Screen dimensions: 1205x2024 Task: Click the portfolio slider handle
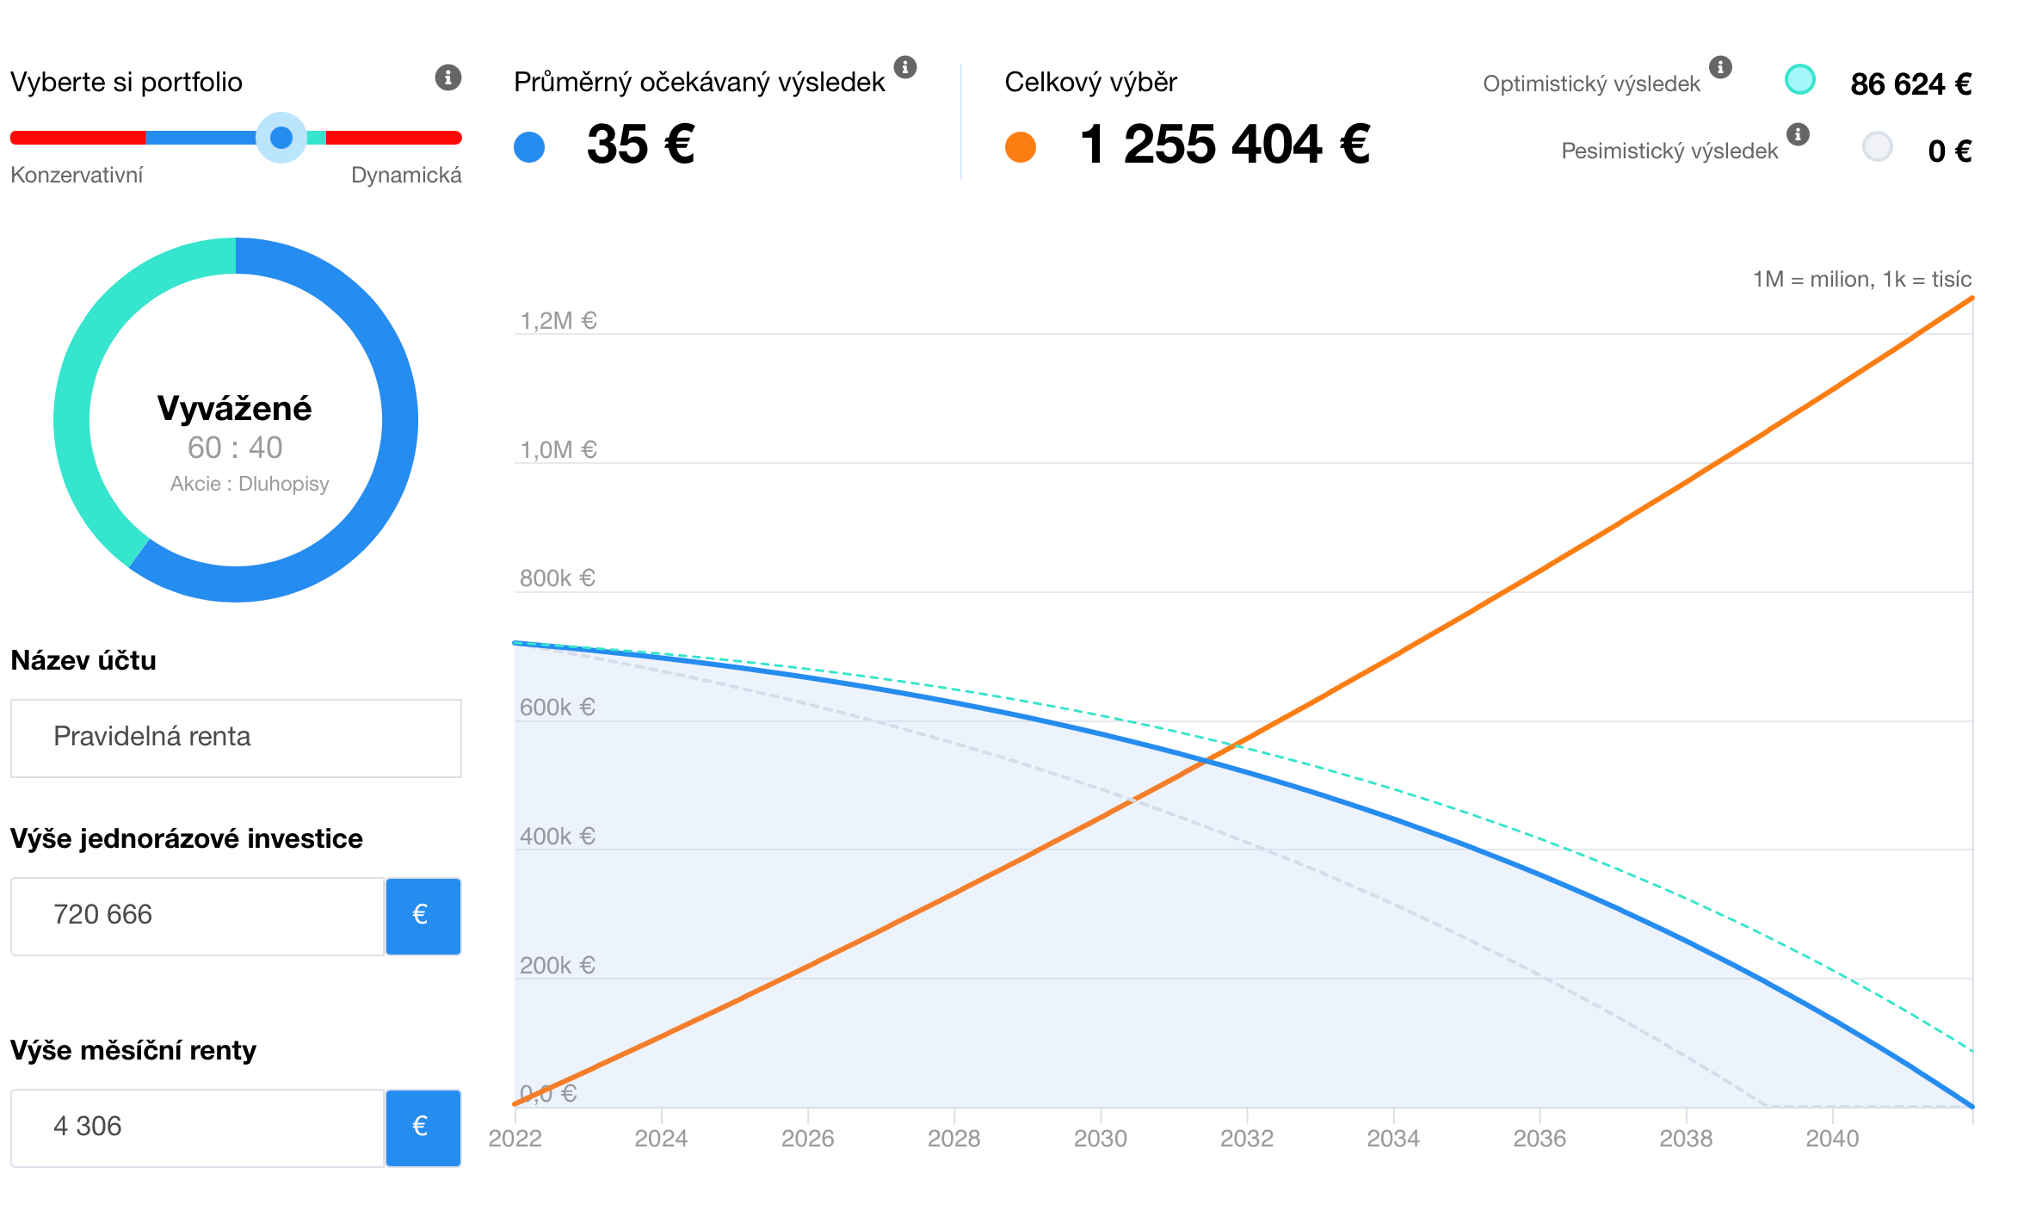(x=281, y=138)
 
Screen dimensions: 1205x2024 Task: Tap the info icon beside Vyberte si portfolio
(x=447, y=77)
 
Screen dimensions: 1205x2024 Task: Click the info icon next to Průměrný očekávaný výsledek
(x=905, y=66)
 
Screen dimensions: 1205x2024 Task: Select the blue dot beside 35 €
(x=529, y=146)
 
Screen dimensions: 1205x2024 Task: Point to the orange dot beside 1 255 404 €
(x=1021, y=146)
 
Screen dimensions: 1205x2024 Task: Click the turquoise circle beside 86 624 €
(x=1799, y=79)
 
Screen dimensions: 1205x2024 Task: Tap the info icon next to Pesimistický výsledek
(x=1798, y=134)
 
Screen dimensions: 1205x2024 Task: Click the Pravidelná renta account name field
(x=236, y=738)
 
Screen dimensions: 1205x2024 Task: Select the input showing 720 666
(x=197, y=916)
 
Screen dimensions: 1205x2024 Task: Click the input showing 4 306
(x=197, y=1128)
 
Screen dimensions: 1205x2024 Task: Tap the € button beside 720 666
(x=423, y=916)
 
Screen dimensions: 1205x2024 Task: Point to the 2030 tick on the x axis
(x=1101, y=1138)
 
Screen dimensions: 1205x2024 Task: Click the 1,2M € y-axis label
(x=558, y=321)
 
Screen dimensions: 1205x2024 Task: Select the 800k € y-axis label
(x=557, y=578)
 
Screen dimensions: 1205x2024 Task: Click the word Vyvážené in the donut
(x=234, y=409)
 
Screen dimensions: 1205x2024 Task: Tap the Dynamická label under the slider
(x=406, y=176)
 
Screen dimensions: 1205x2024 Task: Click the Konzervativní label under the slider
(x=77, y=176)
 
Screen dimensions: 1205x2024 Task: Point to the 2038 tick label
(x=1686, y=1138)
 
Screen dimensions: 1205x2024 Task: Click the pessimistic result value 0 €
(x=1949, y=151)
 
